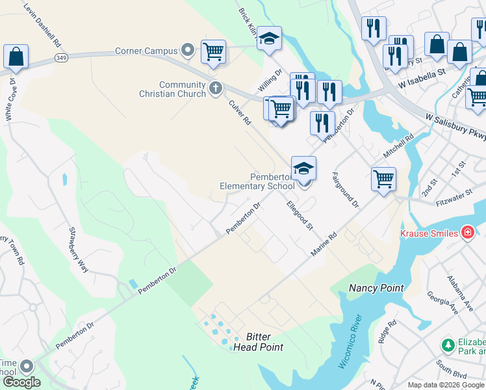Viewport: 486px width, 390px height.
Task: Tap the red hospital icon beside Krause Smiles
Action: (467, 233)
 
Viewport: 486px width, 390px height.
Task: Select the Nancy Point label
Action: (376, 288)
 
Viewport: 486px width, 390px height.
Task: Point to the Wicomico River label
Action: (349, 342)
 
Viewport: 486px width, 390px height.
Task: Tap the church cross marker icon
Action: (216, 87)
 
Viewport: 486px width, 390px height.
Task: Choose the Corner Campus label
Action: (146, 51)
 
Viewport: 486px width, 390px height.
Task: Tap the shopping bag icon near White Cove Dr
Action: (16, 57)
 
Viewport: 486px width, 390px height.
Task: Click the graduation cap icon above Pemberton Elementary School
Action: (303, 169)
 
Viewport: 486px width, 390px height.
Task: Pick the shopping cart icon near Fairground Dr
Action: (383, 178)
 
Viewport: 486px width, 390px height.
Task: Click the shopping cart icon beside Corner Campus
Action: (213, 51)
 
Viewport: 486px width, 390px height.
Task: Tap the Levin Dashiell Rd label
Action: (42, 23)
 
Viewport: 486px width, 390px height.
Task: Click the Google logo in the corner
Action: (21, 382)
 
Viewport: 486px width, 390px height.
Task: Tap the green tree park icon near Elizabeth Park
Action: (448, 344)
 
